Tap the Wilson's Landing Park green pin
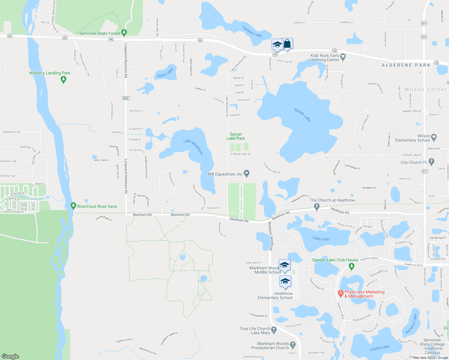63,79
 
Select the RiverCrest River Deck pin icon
73,206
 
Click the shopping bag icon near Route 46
287,44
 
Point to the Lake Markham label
194,147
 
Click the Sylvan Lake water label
302,115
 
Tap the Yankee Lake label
252,31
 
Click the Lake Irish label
321,238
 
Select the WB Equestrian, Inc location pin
246,173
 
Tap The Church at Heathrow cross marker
316,206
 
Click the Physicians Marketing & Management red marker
340,293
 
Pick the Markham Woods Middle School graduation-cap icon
285,265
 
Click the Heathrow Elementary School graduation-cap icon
285,281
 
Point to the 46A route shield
125,98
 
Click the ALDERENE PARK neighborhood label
406,65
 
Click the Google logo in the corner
10,356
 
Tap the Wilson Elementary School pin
433,138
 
